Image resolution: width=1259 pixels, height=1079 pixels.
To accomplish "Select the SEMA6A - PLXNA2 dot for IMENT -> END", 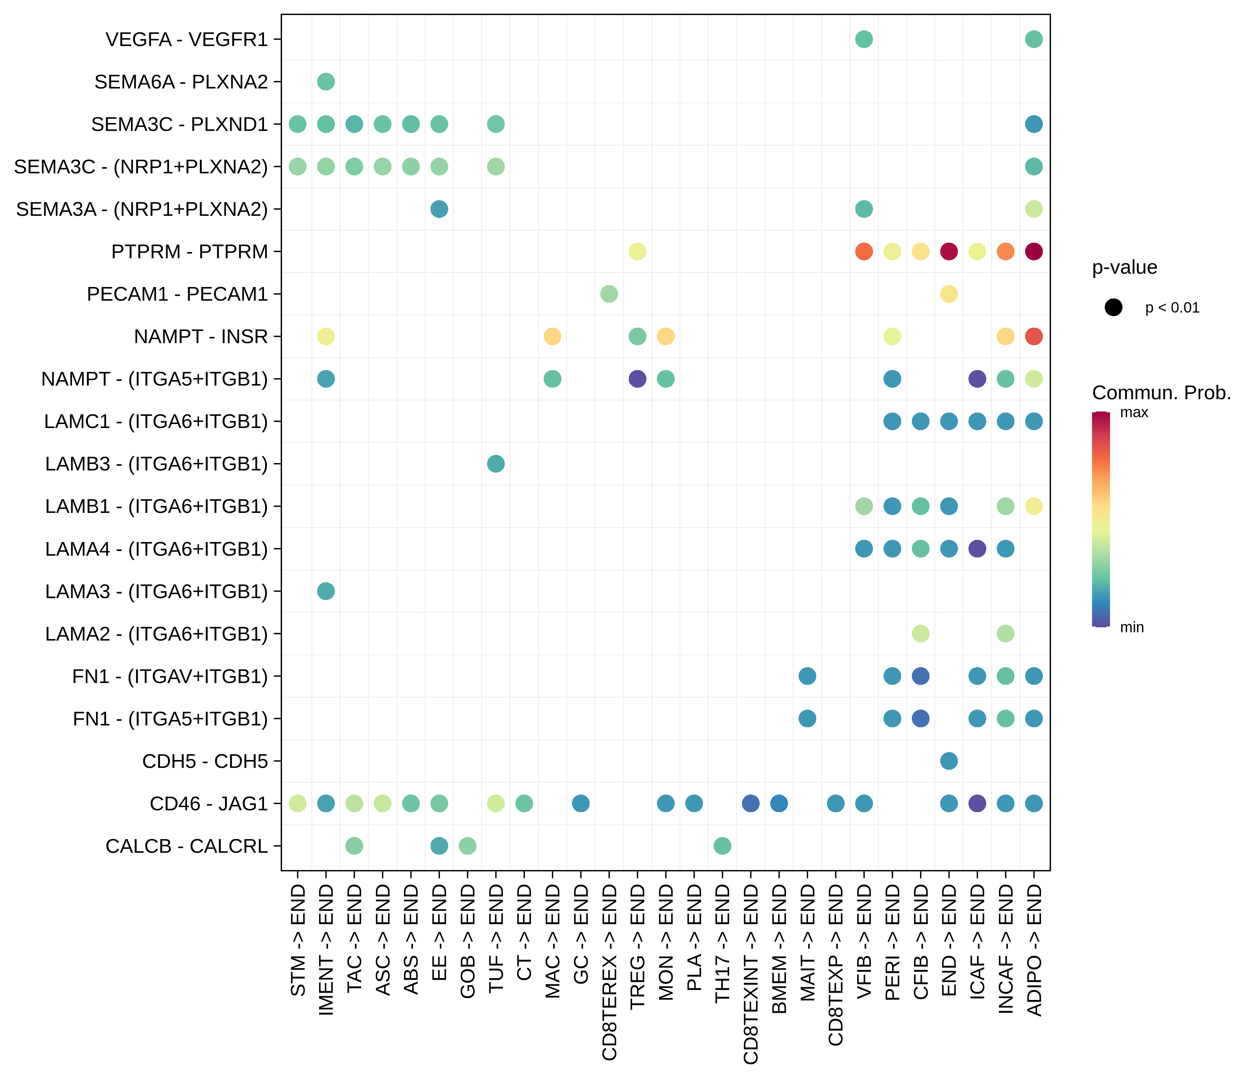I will (326, 81).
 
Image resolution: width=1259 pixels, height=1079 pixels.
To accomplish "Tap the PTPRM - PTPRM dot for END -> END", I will (949, 251).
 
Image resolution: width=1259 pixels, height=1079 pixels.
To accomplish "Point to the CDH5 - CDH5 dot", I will (949, 761).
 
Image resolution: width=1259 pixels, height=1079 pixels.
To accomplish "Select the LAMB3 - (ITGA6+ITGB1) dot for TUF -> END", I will (496, 464).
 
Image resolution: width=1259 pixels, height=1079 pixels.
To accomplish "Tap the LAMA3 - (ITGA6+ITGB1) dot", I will (326, 591).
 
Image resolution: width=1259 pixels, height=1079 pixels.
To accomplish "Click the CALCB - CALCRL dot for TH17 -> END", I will (722, 846).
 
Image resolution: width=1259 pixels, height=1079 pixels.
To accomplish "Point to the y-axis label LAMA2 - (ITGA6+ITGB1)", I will (156, 634).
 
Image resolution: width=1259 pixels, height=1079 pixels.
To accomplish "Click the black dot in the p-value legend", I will (1113, 308).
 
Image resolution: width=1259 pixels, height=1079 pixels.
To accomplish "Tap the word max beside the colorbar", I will (1134, 413).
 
